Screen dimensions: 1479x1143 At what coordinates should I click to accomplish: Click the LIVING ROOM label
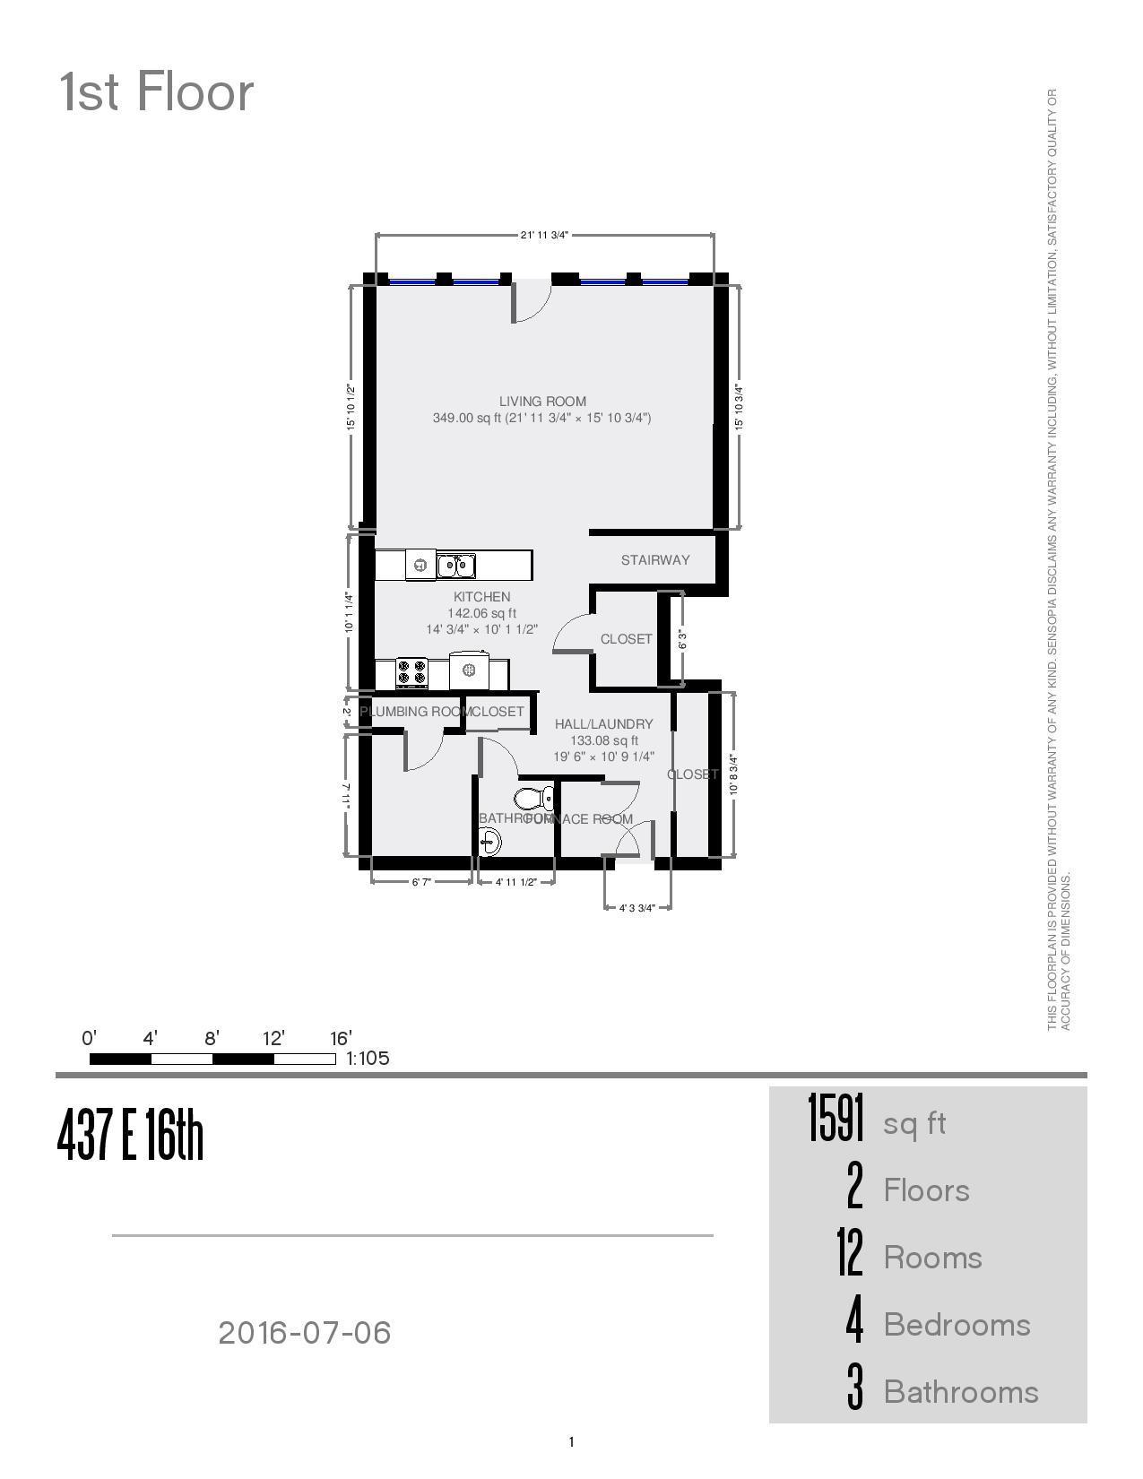(542, 402)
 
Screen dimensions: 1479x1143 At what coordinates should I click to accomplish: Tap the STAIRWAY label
(655, 560)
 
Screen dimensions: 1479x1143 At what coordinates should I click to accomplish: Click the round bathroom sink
(489, 842)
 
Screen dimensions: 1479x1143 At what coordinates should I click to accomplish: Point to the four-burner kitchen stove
(411, 673)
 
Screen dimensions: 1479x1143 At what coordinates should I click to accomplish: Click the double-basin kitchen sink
(455, 566)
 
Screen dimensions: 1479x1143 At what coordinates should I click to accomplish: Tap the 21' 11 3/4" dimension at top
(544, 236)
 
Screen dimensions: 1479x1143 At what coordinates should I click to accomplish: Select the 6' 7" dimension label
(421, 882)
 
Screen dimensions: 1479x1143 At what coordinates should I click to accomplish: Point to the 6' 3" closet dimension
(683, 639)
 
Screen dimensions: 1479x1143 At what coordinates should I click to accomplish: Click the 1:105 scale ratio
(368, 1059)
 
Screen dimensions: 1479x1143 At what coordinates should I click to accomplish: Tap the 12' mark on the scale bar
(273, 1039)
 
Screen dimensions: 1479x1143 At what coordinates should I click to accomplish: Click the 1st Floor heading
(157, 92)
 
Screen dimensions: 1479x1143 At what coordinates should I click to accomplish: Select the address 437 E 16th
(131, 1135)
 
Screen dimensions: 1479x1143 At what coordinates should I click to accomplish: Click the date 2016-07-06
(305, 1333)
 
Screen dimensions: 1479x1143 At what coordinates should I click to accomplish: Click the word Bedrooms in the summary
(957, 1325)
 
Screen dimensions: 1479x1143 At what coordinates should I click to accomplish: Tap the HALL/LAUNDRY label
(603, 724)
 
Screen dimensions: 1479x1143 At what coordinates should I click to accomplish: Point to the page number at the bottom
(571, 1442)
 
